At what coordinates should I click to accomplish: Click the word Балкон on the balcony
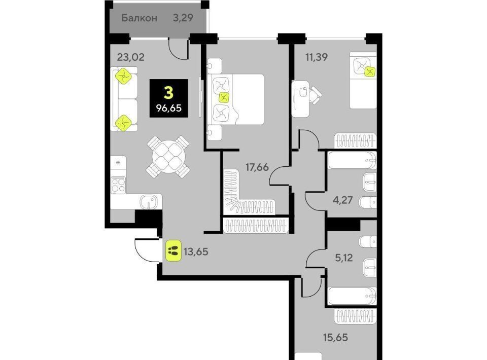(139, 18)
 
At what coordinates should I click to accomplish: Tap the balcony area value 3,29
(183, 18)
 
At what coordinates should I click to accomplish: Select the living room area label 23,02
(131, 57)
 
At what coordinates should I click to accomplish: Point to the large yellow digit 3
(168, 92)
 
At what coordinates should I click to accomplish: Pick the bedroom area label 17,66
(257, 167)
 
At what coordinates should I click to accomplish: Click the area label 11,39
(316, 57)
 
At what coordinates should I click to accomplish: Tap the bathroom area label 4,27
(343, 200)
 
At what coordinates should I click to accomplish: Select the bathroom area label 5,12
(344, 258)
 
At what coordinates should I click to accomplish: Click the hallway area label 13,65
(196, 251)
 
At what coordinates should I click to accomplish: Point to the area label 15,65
(336, 337)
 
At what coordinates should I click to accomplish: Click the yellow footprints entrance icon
(173, 250)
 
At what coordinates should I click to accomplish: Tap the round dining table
(168, 157)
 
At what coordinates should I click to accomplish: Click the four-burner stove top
(118, 185)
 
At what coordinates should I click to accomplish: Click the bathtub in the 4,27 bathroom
(352, 160)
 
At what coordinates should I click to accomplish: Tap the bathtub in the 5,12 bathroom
(352, 296)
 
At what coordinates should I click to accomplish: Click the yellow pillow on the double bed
(224, 98)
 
